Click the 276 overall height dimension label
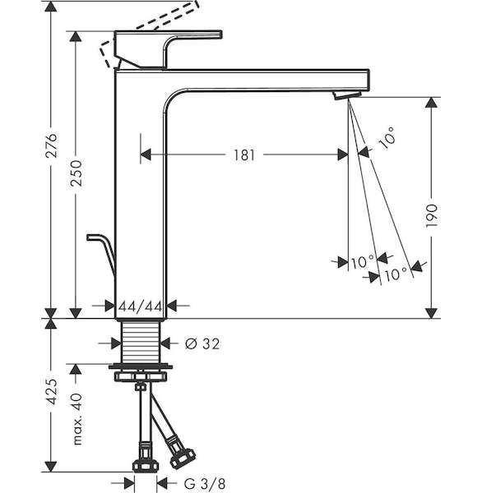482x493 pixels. point(51,145)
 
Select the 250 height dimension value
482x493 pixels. point(76,173)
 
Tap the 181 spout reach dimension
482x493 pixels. point(244,155)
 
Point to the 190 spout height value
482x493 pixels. point(431,215)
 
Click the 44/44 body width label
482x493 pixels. point(141,306)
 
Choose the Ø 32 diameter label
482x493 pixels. point(202,343)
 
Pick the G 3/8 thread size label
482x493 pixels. point(205,483)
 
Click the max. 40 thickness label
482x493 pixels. point(77,419)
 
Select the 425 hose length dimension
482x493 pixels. point(51,391)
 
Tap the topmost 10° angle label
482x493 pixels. point(387,138)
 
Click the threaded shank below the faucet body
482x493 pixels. point(141,343)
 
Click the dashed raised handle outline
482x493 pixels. point(148,31)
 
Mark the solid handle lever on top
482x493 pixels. point(168,48)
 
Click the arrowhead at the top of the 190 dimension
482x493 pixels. point(431,103)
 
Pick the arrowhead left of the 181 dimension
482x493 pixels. point(146,154)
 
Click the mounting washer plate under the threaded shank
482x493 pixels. point(141,366)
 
